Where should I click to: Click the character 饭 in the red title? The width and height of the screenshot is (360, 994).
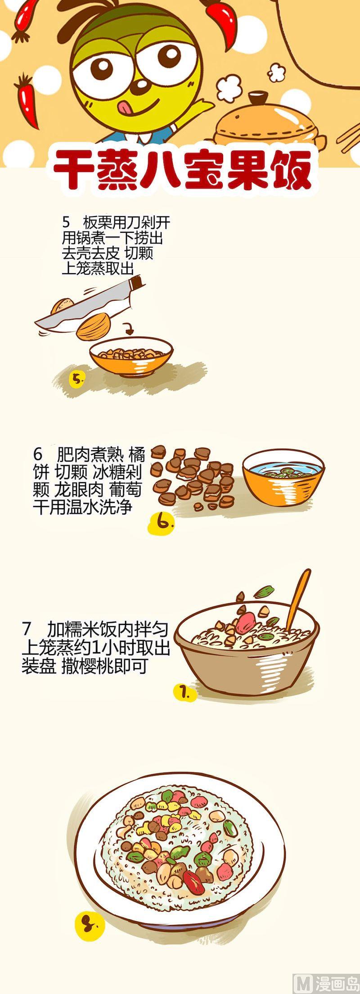291,169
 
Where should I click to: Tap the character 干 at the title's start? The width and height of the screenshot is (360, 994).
74,169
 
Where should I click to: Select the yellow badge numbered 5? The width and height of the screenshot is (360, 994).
78,379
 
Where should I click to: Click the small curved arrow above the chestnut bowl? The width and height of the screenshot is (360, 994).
130,329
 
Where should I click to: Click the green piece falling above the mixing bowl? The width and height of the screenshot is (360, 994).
265,591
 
